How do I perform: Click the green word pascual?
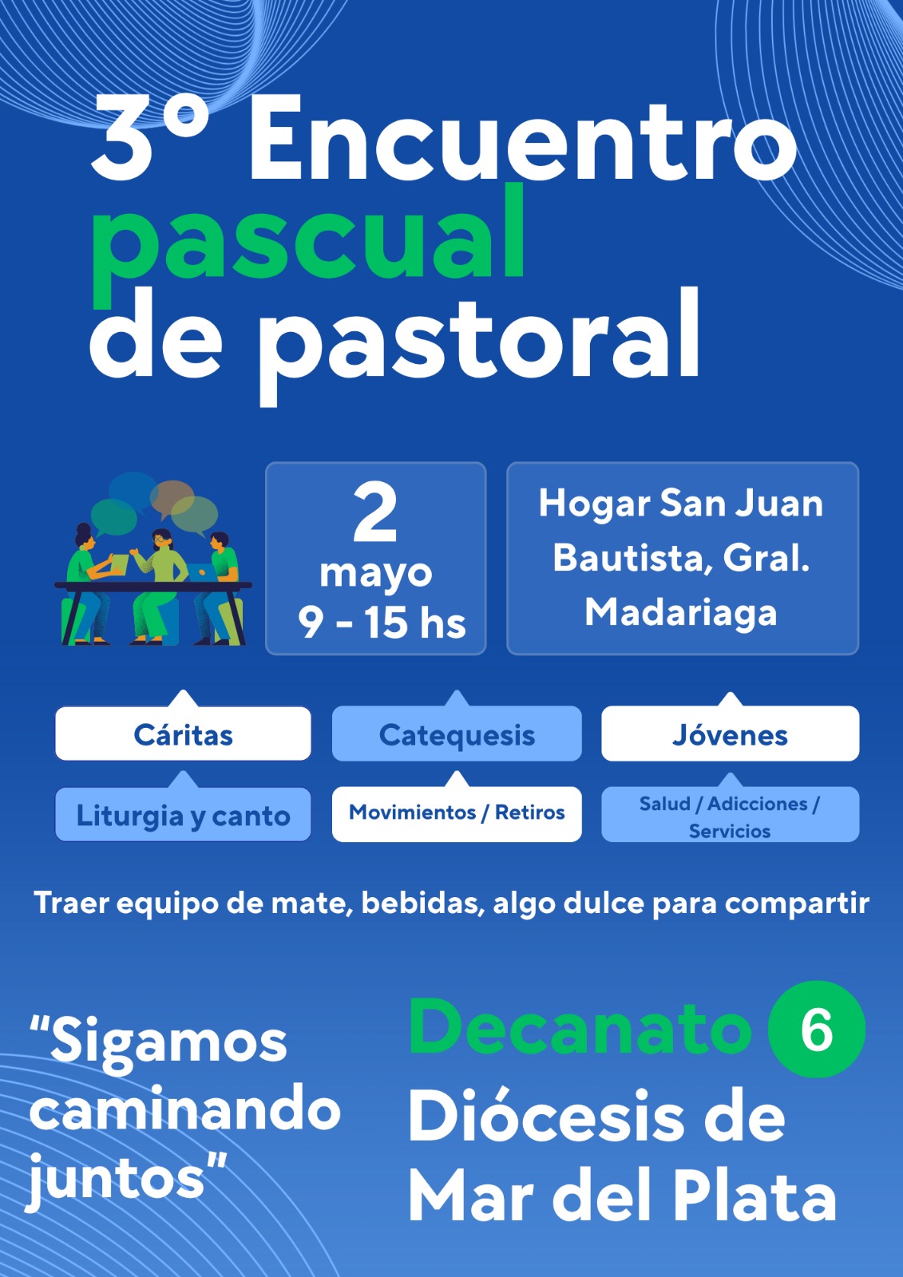pyautogui.click(x=308, y=245)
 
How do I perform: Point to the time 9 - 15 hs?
pyautogui.click(x=381, y=622)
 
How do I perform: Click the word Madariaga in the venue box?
pyautogui.click(x=681, y=614)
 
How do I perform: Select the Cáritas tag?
pyautogui.click(x=183, y=733)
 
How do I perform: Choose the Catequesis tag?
pyautogui.click(x=457, y=733)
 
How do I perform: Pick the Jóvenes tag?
pyautogui.click(x=731, y=733)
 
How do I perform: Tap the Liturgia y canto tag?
pyautogui.click(x=183, y=814)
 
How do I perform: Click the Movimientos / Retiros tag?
pyautogui.click(x=457, y=813)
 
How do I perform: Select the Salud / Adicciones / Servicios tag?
pyautogui.click(x=731, y=814)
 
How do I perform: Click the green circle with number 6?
pyautogui.click(x=817, y=1029)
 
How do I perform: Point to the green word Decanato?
pyautogui.click(x=580, y=1029)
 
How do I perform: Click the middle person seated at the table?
pyautogui.click(x=156, y=587)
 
